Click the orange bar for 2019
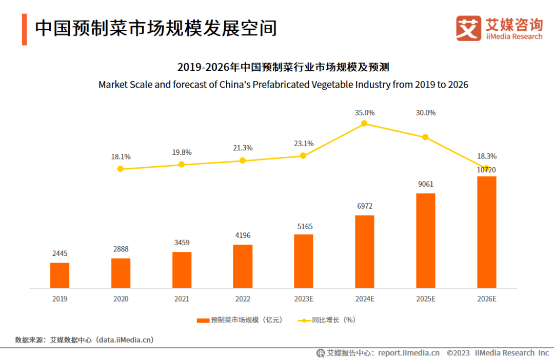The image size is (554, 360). tap(60, 275)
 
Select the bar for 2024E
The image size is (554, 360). tap(365, 251)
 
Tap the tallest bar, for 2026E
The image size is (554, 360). tap(487, 232)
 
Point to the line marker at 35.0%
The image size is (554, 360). tap(364, 123)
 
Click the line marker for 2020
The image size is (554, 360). tap(121, 169)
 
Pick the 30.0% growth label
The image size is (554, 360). tap(426, 113)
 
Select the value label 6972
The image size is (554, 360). tap(365, 206)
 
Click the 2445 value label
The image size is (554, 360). tap(60, 253)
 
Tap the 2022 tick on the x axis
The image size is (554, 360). tap(243, 299)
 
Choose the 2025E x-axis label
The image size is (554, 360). tap(426, 299)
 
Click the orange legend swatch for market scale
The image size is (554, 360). tap(204, 320)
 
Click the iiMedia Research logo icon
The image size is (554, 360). tap(468, 28)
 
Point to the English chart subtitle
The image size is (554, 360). tap(283, 85)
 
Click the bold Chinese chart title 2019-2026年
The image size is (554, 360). tap(283, 67)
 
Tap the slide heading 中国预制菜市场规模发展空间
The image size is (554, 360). tap(155, 28)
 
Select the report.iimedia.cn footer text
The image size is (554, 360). tap(408, 353)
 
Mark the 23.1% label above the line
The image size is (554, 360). tap(303, 144)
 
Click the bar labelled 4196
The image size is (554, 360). tap(243, 266)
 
